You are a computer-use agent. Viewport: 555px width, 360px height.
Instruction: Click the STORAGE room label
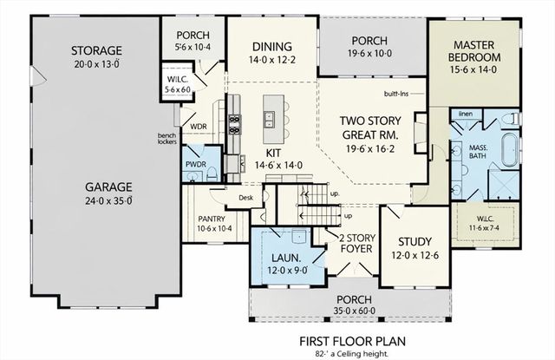[96, 50]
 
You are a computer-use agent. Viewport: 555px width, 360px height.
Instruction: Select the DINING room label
[271, 46]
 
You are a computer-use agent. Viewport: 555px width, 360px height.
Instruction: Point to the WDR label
[198, 127]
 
